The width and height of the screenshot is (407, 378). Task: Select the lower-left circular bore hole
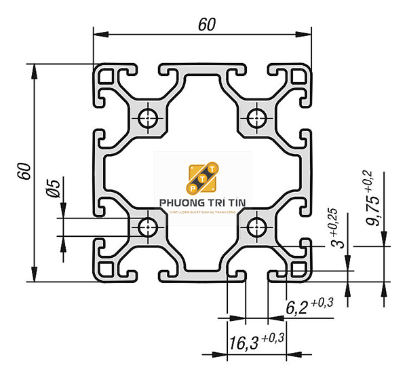147,227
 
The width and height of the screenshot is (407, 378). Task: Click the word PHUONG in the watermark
178,202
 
